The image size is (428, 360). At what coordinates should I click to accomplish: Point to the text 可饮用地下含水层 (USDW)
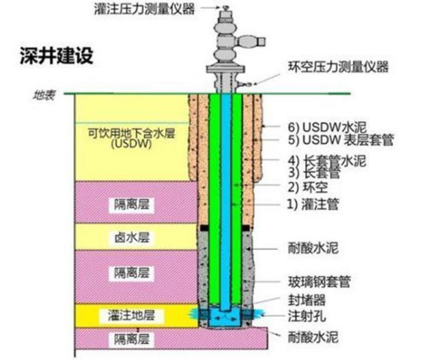click(x=121, y=138)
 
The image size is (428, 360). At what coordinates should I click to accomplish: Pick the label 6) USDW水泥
click(x=323, y=127)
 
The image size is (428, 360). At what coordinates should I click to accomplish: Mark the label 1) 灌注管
click(x=311, y=205)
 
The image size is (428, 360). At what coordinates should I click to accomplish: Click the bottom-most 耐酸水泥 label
click(x=308, y=339)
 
